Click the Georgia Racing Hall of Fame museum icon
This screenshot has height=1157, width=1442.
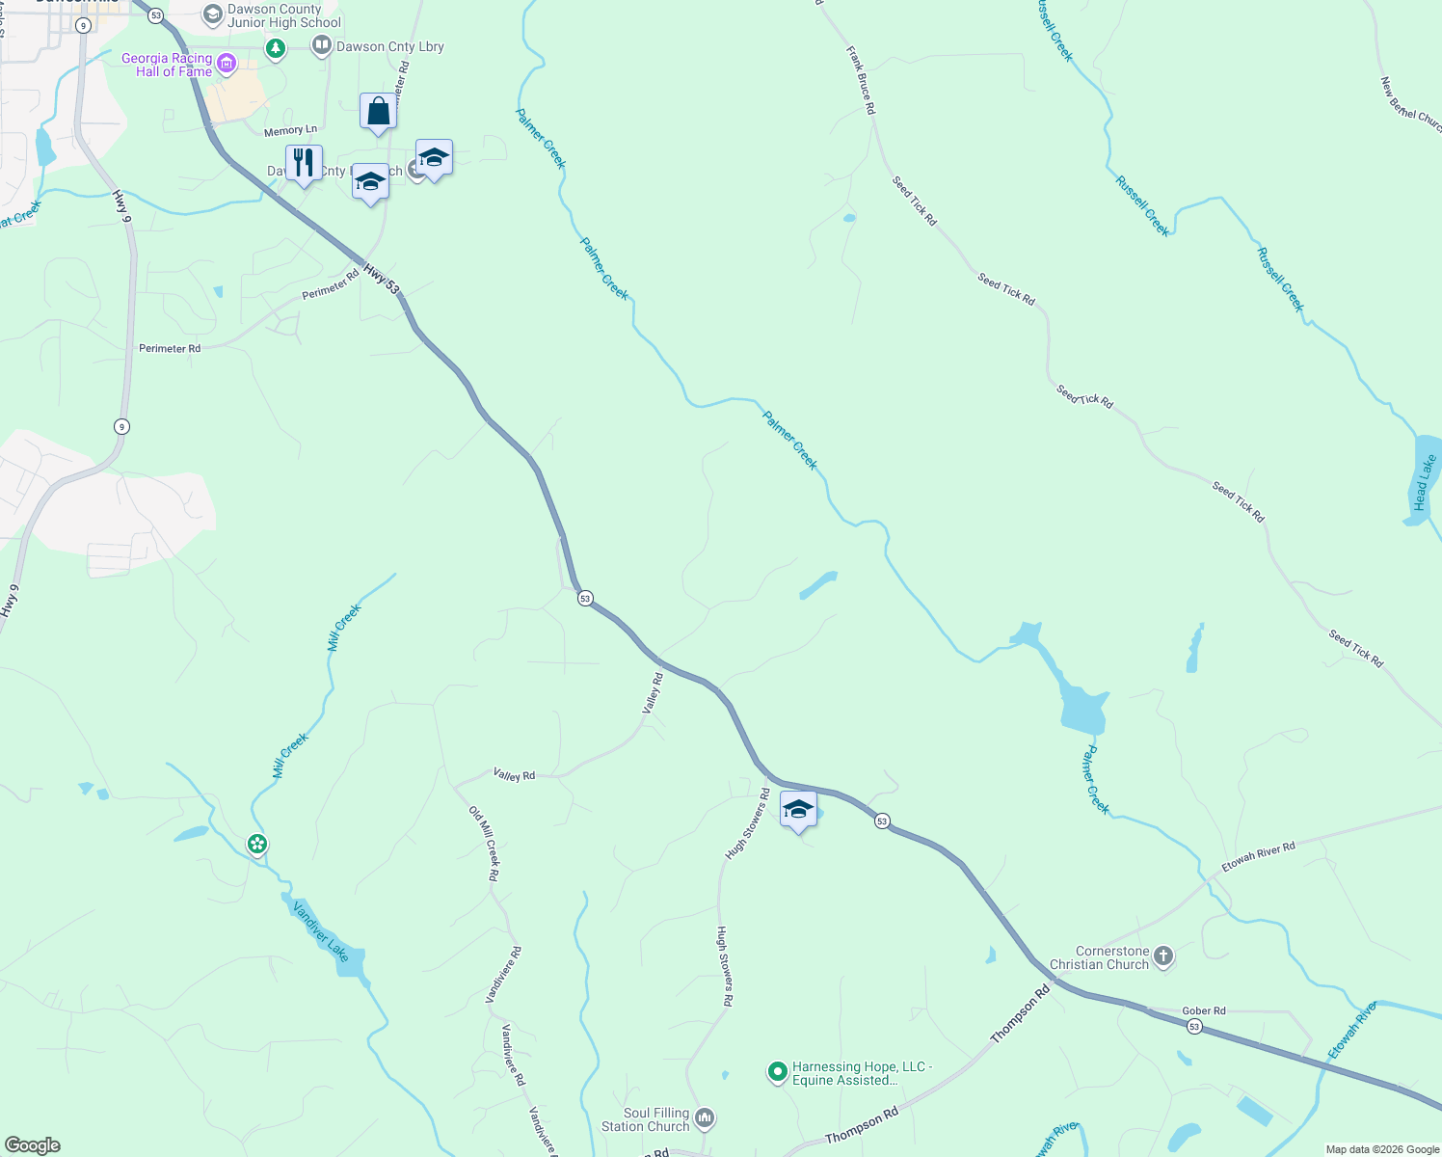tap(227, 65)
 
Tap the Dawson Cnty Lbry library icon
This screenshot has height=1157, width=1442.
tap(321, 45)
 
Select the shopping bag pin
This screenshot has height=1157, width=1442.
tap(378, 112)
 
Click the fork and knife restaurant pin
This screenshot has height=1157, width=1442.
tap(304, 163)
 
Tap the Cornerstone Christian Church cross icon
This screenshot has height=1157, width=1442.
tap(1163, 956)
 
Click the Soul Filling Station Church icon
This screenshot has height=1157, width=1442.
tap(705, 1118)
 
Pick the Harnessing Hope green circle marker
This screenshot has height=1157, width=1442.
tap(777, 1072)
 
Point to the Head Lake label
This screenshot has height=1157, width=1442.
tap(1423, 482)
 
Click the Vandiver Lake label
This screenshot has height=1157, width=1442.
tap(321, 930)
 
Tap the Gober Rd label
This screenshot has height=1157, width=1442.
tap(1204, 1010)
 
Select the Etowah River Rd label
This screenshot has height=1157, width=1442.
tap(1258, 857)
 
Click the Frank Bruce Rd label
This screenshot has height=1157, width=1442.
tap(861, 80)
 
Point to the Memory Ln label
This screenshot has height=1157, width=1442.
tap(290, 130)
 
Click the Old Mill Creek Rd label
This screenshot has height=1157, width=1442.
tap(484, 844)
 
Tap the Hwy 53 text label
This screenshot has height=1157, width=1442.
tap(382, 278)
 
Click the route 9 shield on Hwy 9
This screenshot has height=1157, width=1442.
tap(120, 426)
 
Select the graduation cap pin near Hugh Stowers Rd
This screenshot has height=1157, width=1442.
tap(798, 809)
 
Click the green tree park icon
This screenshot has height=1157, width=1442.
tap(276, 48)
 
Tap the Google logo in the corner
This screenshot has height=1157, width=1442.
tap(33, 1145)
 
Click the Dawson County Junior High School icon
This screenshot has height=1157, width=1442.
tap(212, 15)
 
